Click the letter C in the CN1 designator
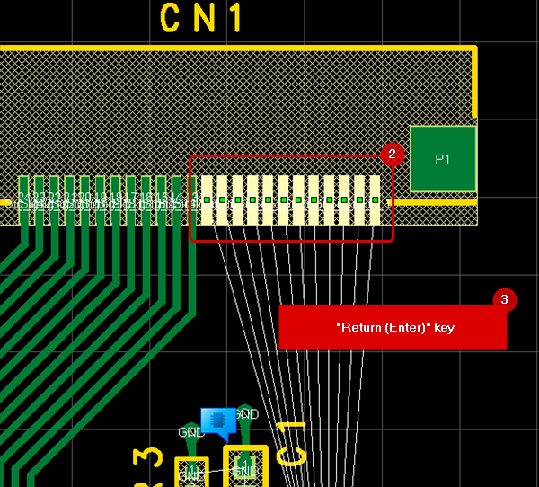(172, 18)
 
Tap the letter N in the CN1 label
(203, 18)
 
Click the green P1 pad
(442, 159)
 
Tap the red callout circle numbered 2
(391, 154)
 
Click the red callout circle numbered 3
(505, 299)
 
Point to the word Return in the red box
(358, 328)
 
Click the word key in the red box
(445, 328)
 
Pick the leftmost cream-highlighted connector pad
(207, 199)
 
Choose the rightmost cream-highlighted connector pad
(375, 199)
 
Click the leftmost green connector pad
(24, 199)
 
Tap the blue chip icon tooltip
(218, 420)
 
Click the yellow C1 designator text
(292, 442)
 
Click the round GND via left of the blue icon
(190, 435)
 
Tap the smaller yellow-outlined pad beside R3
(191, 473)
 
